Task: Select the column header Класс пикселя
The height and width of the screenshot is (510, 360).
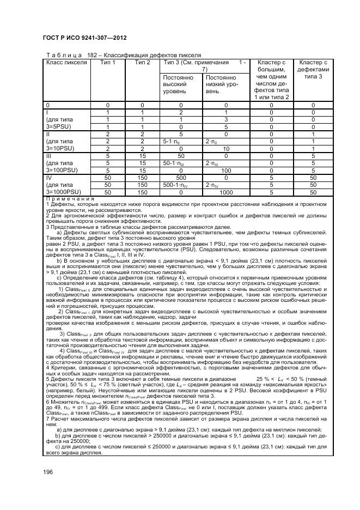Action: click(x=67, y=62)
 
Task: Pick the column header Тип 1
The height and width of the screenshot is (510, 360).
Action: click(x=107, y=62)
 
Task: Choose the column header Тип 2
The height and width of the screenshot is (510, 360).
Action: click(x=142, y=62)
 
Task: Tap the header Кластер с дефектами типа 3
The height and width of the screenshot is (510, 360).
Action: click(x=313, y=70)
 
